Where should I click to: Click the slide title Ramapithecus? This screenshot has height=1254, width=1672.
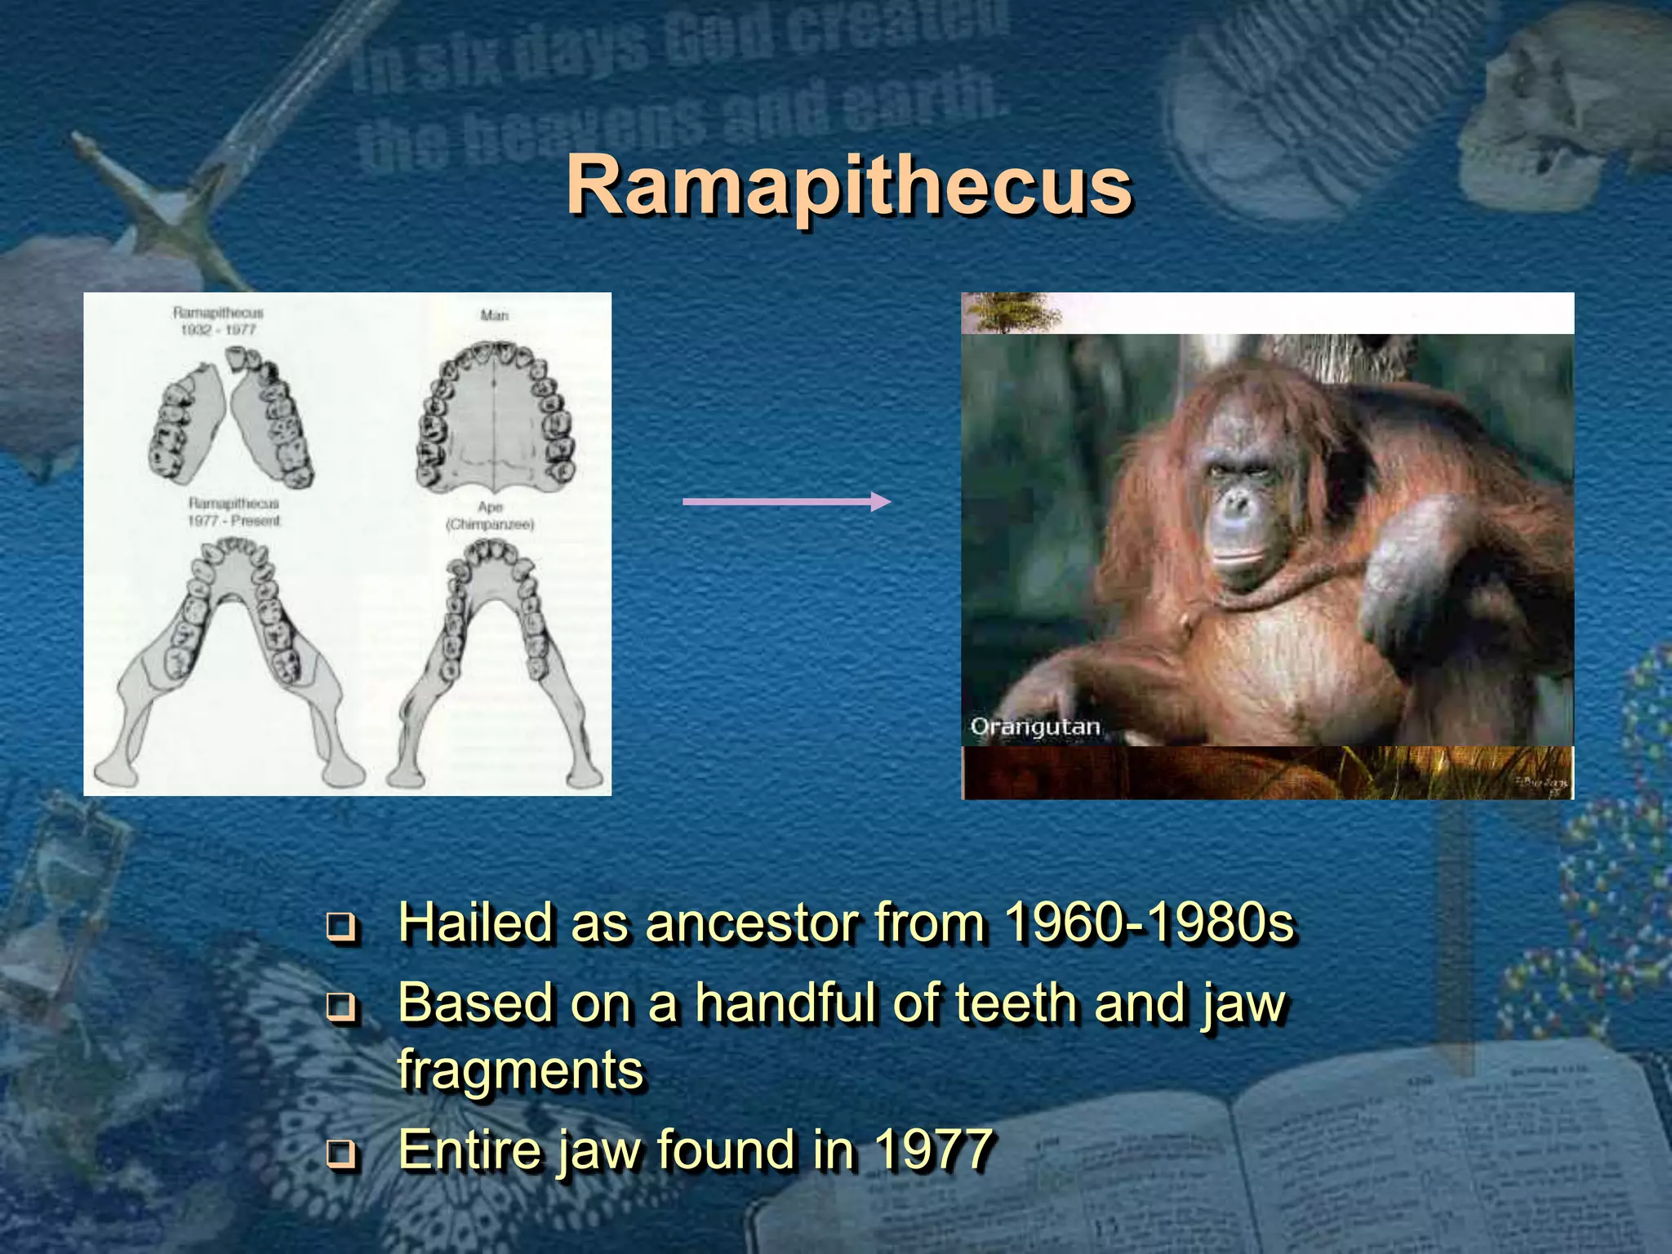point(849,186)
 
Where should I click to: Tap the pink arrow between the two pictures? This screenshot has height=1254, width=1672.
point(786,501)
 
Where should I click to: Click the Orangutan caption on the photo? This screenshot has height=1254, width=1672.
point(1035,727)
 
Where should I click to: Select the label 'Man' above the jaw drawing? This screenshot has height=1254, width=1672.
point(494,315)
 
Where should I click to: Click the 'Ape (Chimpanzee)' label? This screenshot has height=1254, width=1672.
point(490,516)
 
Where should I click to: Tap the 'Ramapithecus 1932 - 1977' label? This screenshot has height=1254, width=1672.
point(218,321)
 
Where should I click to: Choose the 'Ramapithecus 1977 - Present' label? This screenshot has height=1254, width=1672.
point(234,512)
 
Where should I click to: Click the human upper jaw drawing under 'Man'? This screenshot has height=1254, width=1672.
point(496,416)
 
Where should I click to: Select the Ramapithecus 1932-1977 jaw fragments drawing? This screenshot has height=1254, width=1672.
point(230,420)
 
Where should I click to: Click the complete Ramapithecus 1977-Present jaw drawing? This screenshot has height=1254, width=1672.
point(229,653)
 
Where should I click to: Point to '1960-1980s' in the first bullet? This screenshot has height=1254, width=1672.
point(1149,923)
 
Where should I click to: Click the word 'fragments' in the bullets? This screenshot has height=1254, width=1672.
point(521,1069)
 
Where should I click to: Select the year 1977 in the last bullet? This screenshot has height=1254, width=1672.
point(933,1149)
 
